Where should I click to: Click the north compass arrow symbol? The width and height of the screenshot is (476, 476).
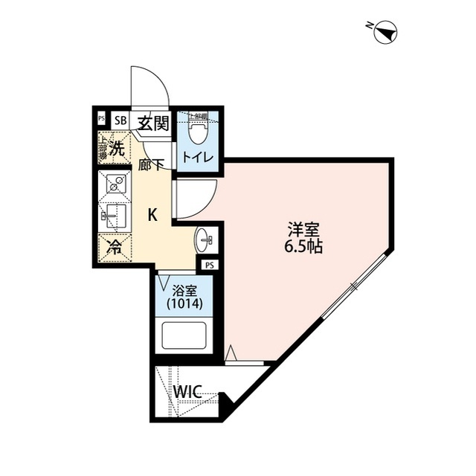coord(386,32)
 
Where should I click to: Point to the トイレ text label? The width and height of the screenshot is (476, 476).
coord(199,158)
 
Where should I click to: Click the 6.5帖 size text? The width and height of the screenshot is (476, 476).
coord(303,248)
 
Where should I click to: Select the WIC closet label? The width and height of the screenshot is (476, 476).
coord(190,391)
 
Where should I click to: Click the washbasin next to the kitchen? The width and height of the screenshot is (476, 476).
coord(205,239)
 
